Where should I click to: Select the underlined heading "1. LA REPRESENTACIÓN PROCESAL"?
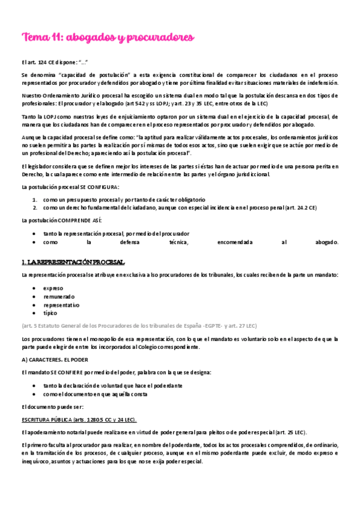tap(73, 262)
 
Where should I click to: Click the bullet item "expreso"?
tap(53, 287)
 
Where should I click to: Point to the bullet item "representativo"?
tap(61, 304)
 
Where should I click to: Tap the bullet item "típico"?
tap(50, 313)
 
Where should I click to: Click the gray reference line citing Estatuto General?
tap(138, 325)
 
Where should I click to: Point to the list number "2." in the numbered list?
tap(35, 207)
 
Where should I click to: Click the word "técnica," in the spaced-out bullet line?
tap(174, 242)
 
